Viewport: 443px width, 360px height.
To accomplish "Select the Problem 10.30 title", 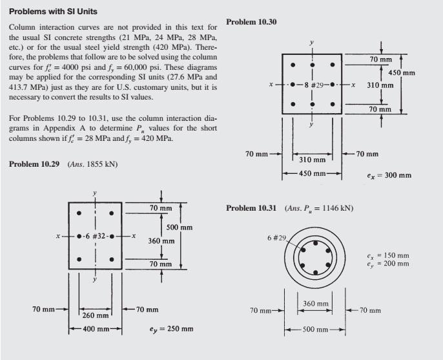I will pyautogui.click(x=252, y=21).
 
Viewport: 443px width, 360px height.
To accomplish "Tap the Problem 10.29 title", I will pyautogui.click(x=34, y=164).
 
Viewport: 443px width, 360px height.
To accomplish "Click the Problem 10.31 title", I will pyautogui.click(x=251, y=208).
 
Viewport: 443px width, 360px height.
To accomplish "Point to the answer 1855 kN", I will pyautogui.click(x=101, y=164).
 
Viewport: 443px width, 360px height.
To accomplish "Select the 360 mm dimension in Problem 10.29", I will pyautogui.click(x=159, y=240).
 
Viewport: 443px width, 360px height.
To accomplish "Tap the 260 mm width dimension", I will pyautogui.click(x=96, y=315).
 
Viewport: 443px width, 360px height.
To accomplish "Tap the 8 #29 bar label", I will pyautogui.click(x=313, y=85).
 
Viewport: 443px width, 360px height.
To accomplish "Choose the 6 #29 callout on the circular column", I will pyautogui.click(x=276, y=237).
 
